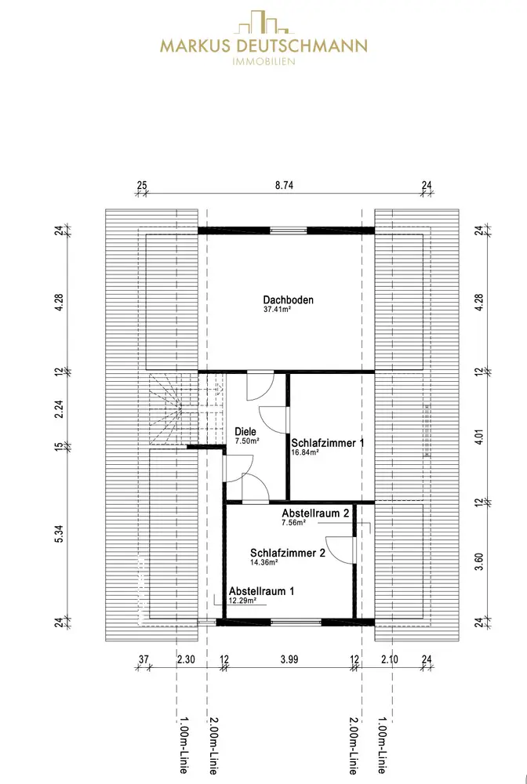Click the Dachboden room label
(288, 299)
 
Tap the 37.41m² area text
(278, 310)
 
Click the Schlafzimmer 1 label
(328, 443)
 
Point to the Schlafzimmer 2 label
(288, 552)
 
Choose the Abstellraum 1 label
(262, 590)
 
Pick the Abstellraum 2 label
(315, 513)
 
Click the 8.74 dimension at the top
(285, 187)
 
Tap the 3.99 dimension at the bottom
(289, 659)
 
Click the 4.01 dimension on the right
(479, 435)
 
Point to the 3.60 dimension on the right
(479, 563)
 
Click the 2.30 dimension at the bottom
(186, 659)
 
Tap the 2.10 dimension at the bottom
(390, 659)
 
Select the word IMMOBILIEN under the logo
(264, 62)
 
